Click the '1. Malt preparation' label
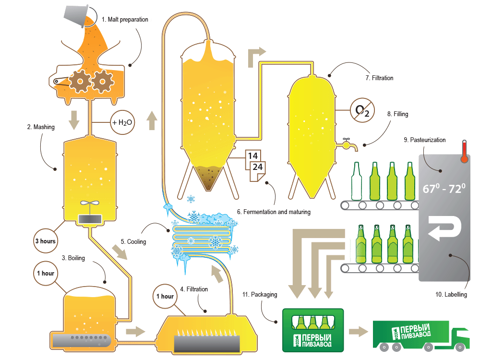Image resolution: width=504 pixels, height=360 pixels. tap(125, 20)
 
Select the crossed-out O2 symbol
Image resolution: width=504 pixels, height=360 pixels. tap(362, 110)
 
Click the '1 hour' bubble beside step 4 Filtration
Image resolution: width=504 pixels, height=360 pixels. tap(165, 296)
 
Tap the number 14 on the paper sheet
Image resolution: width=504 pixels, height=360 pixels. tap(253, 156)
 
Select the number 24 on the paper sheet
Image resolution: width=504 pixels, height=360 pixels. tap(257, 168)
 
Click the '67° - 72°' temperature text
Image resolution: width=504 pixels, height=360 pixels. tap(444, 189)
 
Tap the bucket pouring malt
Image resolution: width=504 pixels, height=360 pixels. tap(77, 15)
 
